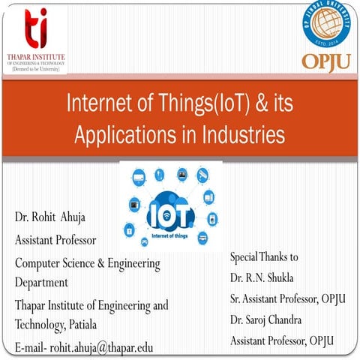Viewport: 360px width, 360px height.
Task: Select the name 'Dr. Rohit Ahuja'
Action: click(x=49, y=217)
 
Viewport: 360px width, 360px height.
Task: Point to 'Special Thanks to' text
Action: click(x=263, y=256)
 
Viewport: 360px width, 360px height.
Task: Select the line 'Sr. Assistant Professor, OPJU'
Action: click(x=287, y=298)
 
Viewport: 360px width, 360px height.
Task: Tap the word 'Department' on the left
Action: click(x=41, y=283)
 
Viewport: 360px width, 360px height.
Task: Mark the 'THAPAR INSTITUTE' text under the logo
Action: click(x=35, y=56)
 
